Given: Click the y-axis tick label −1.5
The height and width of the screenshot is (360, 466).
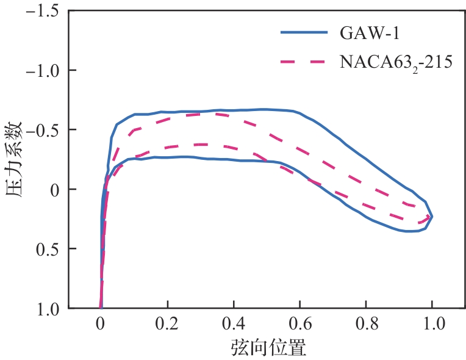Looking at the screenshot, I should point(42,11).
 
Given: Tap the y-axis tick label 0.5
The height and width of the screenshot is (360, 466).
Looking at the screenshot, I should point(48,249).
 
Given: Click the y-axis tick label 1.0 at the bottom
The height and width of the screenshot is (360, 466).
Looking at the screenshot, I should point(48,308).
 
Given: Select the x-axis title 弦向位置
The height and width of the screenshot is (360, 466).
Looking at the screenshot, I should point(268,348).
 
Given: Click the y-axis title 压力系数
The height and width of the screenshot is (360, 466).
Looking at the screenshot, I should point(15,159).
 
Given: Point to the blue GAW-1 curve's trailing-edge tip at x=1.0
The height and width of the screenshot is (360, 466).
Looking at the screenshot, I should point(432,216).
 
